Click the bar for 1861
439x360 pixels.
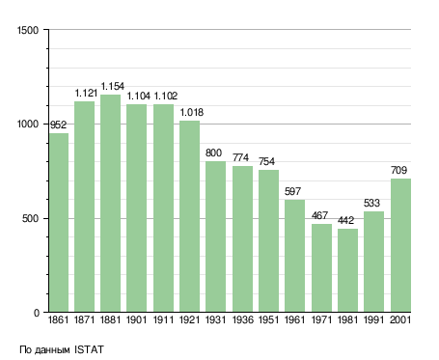[x=59, y=223]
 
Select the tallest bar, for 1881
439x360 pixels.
[x=110, y=204]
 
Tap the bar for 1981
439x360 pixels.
[x=347, y=270]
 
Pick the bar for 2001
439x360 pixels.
[x=400, y=245]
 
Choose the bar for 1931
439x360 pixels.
[x=215, y=236]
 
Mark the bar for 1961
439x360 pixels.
[x=294, y=256]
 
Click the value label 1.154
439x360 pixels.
[x=113, y=86]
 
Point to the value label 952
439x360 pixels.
[x=58, y=125]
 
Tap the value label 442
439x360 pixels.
[x=346, y=220]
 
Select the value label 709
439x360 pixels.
[x=399, y=170]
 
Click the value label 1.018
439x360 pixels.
[x=192, y=112]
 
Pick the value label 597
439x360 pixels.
[x=292, y=191]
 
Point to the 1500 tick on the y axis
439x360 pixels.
[x=28, y=30]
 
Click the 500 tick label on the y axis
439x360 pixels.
[x=30, y=219]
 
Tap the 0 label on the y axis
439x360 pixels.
[x=37, y=313]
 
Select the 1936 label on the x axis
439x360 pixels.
[x=243, y=319]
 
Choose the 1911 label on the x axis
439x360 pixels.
[x=163, y=319]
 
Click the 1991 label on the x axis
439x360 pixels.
[x=374, y=319]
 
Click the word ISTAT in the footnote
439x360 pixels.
[x=89, y=349]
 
